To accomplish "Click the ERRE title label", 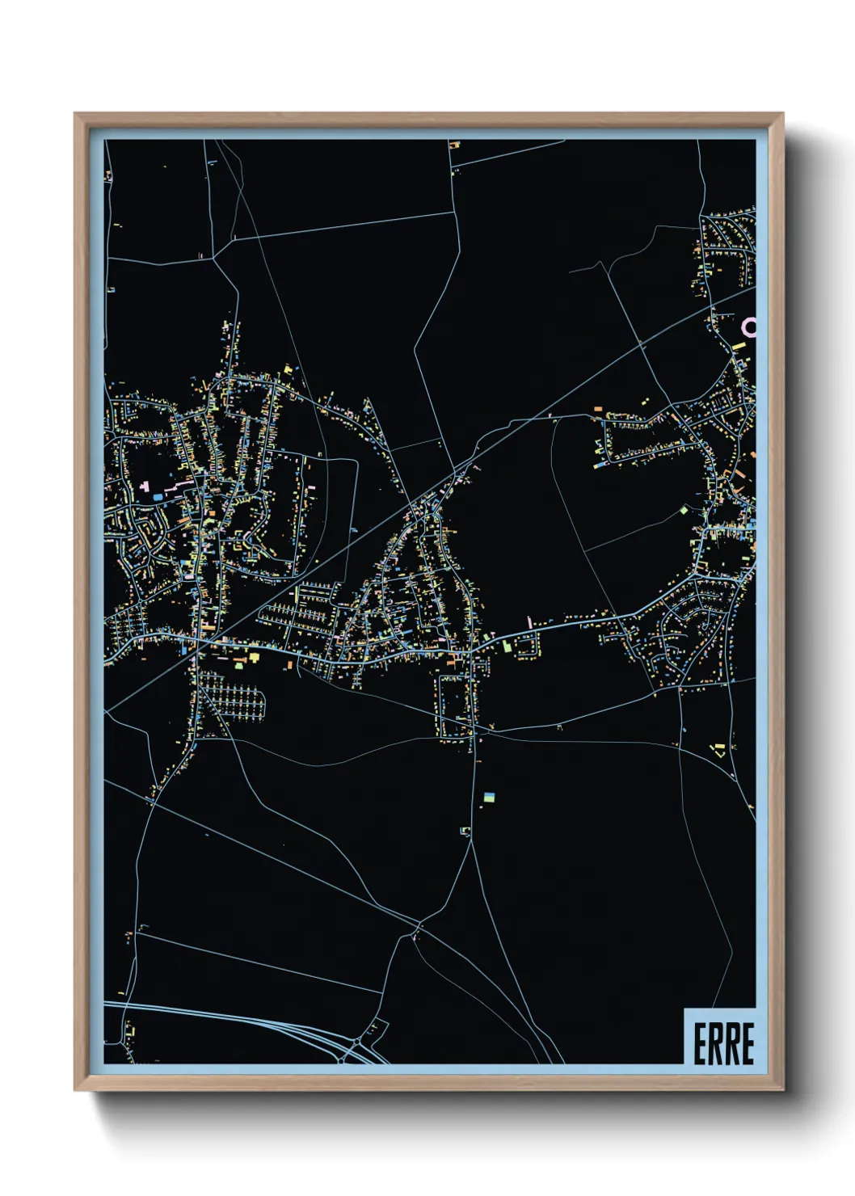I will (722, 1043).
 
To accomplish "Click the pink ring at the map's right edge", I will (750, 326).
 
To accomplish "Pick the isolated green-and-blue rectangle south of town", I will (488, 798).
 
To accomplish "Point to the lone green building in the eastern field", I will (684, 510).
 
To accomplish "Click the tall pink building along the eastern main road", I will (529, 622).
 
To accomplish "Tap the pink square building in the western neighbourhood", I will (145, 486).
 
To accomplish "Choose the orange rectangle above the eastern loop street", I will (599, 410).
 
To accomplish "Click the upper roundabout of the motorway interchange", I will (374, 1027).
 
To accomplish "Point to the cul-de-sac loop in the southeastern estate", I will (711, 618).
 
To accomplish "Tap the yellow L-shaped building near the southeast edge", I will (718, 749).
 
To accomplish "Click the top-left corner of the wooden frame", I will (75, 114).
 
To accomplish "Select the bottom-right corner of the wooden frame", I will (782, 1090).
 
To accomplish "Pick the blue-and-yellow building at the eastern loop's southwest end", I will (600, 465).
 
